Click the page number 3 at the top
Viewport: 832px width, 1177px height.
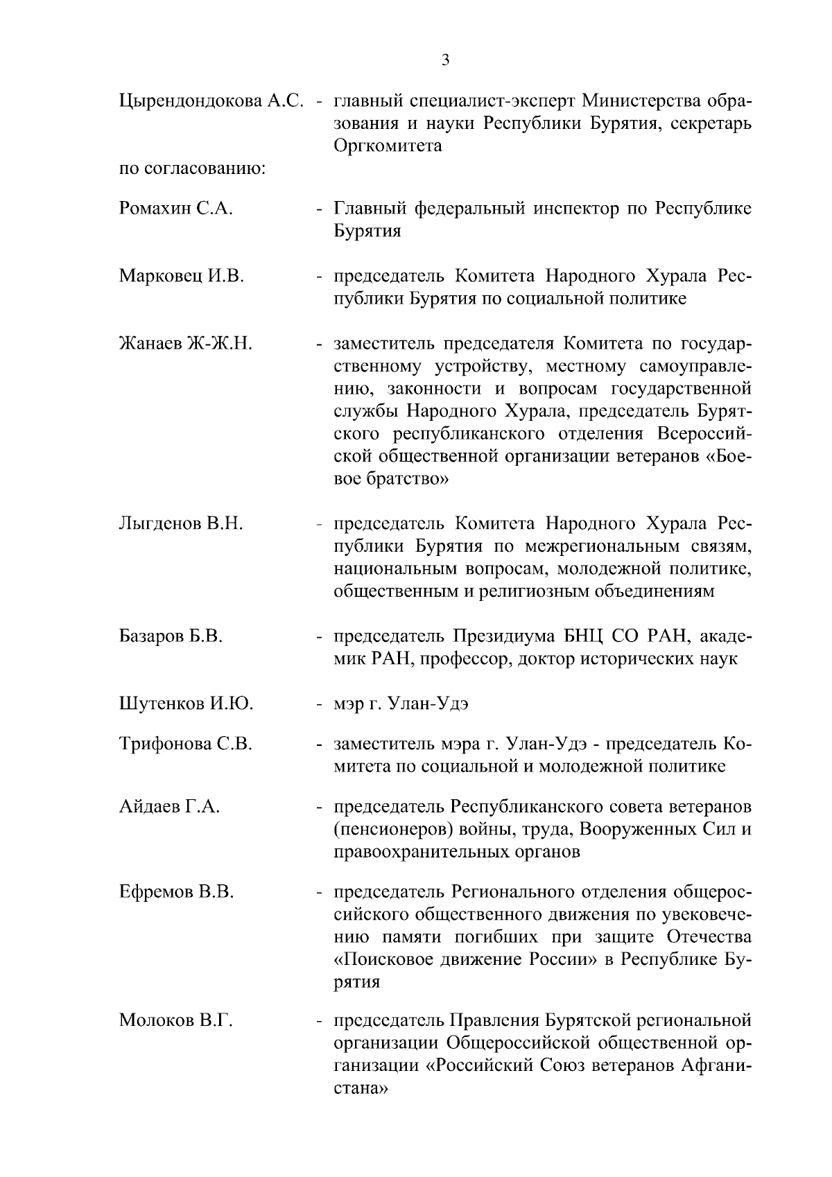pyautogui.click(x=445, y=60)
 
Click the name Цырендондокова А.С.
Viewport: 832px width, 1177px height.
pyautogui.click(x=211, y=101)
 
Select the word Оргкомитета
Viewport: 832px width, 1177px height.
pyautogui.click(x=388, y=146)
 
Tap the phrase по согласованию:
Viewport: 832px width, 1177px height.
pyautogui.click(x=193, y=168)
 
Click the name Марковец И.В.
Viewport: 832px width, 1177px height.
pyautogui.click(x=182, y=277)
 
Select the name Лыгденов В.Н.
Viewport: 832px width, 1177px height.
pyautogui.click(x=181, y=524)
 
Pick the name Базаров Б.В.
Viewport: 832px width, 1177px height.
pyautogui.click(x=171, y=636)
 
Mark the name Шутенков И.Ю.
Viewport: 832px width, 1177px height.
pyautogui.click(x=186, y=705)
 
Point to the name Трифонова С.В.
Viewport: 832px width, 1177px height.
pyautogui.click(x=185, y=744)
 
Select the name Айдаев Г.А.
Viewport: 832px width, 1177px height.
pyautogui.click(x=169, y=807)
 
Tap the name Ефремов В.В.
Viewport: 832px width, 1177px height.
pyautogui.click(x=176, y=892)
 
